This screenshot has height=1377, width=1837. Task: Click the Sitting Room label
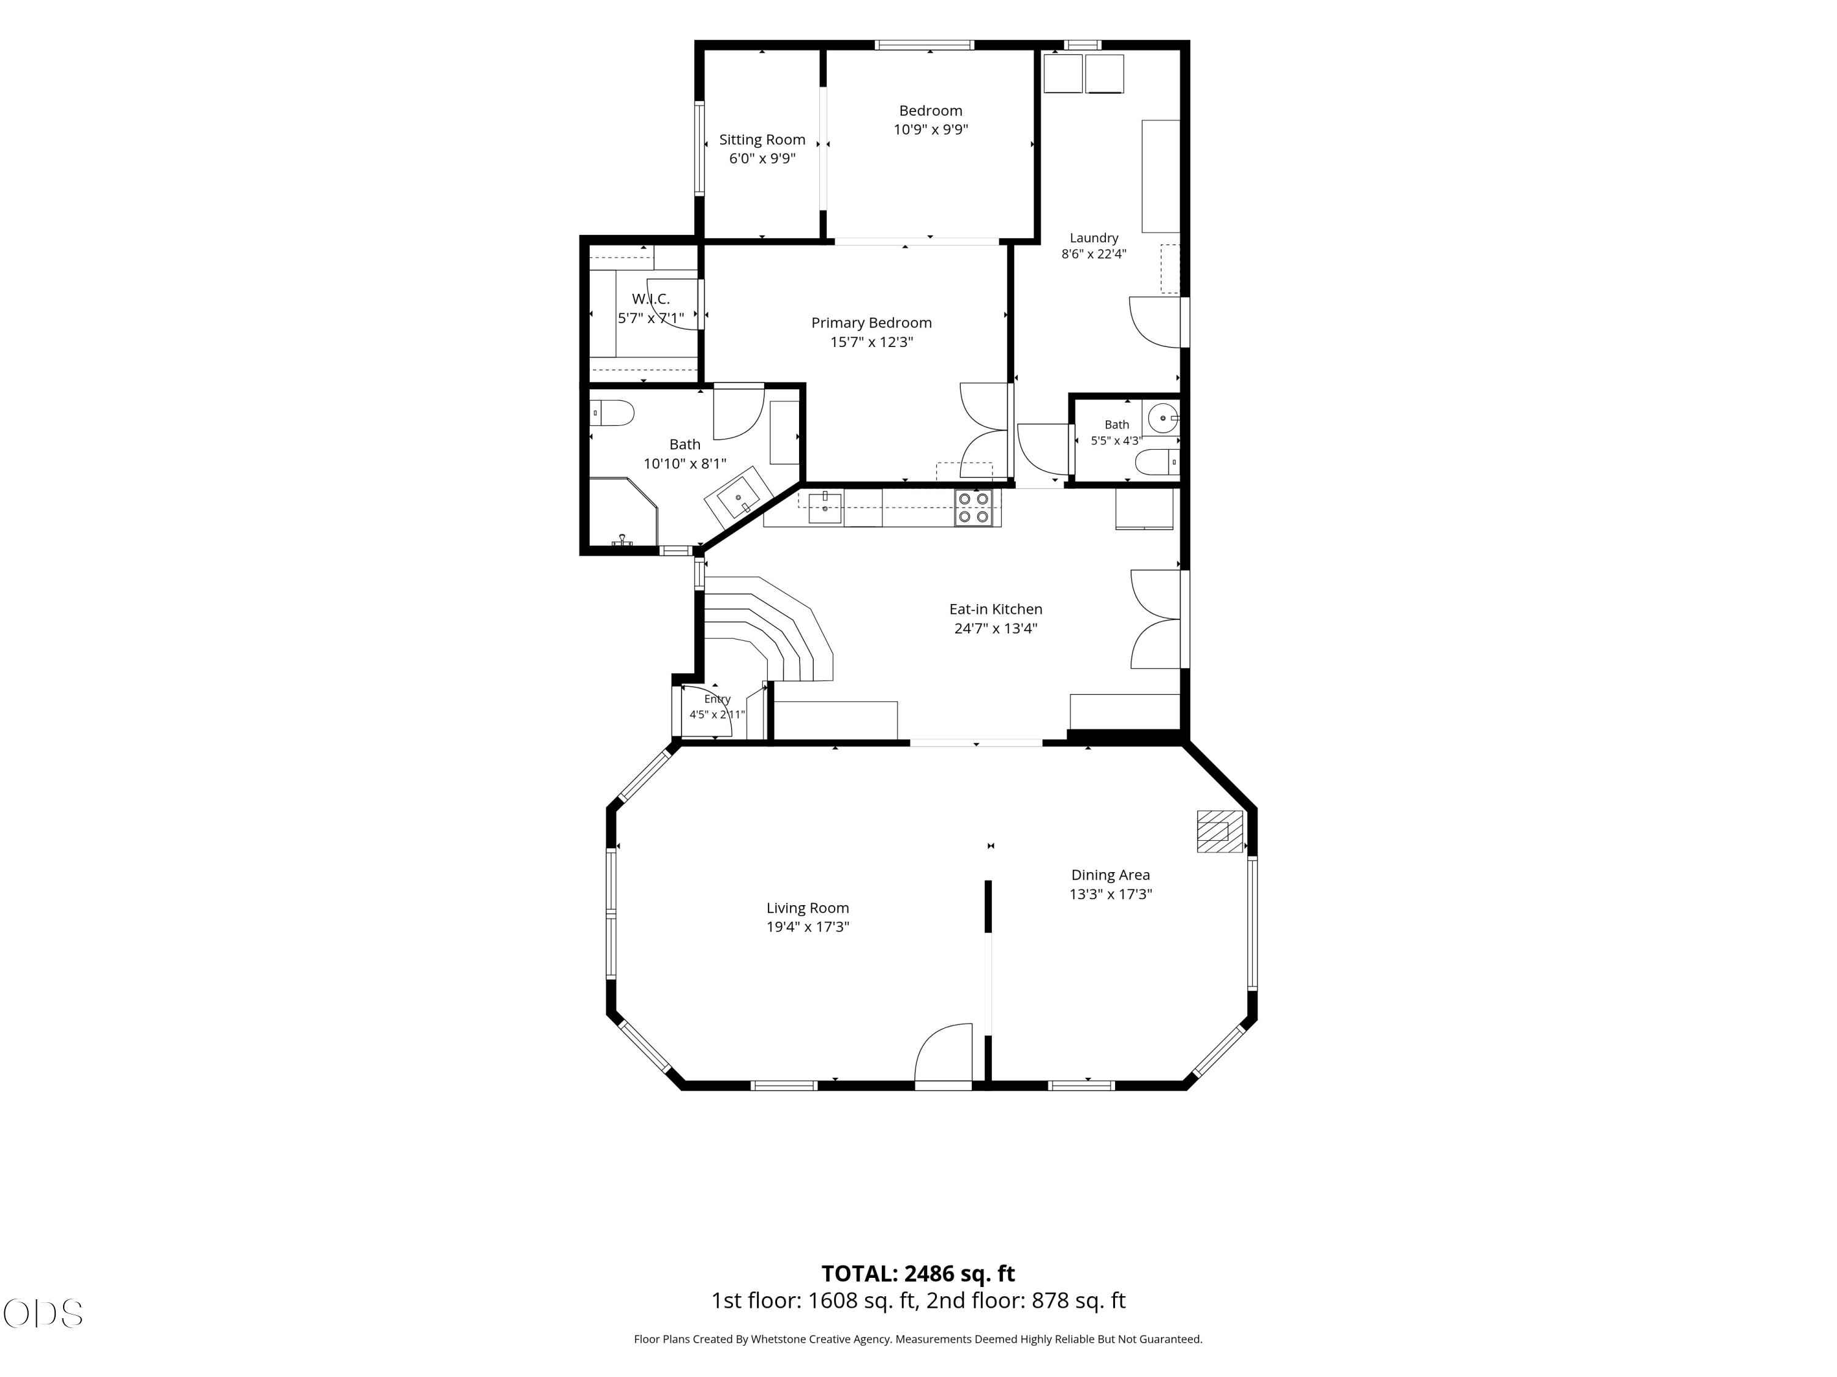(762, 140)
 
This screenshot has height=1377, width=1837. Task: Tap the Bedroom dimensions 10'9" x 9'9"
(930, 130)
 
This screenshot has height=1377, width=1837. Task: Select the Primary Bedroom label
(871, 323)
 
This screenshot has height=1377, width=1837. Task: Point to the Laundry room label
(1094, 238)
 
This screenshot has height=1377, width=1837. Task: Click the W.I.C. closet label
(650, 299)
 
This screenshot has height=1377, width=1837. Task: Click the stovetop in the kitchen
(972, 508)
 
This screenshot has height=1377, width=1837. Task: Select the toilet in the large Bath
(612, 412)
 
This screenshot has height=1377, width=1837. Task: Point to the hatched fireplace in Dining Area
(1219, 831)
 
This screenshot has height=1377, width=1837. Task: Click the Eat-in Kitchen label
(996, 609)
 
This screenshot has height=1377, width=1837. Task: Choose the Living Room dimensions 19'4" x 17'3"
(807, 927)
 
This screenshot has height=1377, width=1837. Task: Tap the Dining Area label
(1110, 875)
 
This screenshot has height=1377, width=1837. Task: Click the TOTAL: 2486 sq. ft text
(918, 1273)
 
